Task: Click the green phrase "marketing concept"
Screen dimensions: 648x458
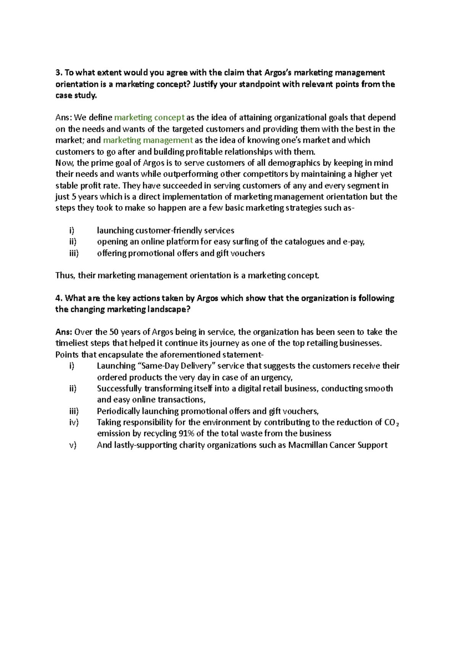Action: pyautogui.click(x=149, y=118)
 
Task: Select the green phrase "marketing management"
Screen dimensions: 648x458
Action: pyautogui.click(x=148, y=140)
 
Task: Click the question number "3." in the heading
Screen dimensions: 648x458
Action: pyautogui.click(x=58, y=73)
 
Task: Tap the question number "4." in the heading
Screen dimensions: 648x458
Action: pyautogui.click(x=58, y=298)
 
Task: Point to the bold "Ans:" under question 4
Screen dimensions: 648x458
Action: pyautogui.click(x=64, y=332)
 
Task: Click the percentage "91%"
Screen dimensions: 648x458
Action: pyautogui.click(x=188, y=434)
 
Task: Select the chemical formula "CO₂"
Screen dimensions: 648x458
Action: pyautogui.click(x=392, y=422)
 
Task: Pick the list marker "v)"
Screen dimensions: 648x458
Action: pyautogui.click(x=73, y=445)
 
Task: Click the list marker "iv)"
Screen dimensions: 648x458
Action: pyautogui.click(x=74, y=422)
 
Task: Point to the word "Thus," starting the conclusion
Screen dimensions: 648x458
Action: pyautogui.click(x=65, y=276)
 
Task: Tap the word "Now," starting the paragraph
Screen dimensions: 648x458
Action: pyautogui.click(x=65, y=163)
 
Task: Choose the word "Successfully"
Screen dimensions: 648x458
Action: pyautogui.click(x=119, y=388)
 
